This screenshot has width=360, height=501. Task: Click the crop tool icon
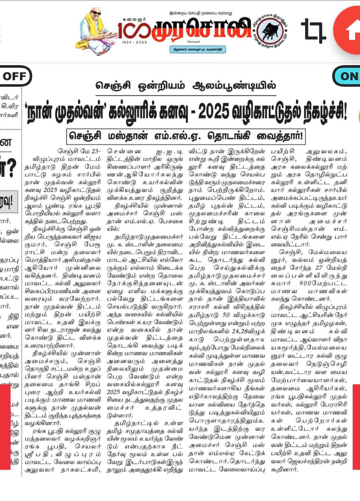pyautogui.click(x=313, y=31)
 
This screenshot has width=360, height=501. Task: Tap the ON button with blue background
pyautogui.click(x=348, y=76)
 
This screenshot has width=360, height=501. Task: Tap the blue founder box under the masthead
pyautogui.click(x=198, y=49)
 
